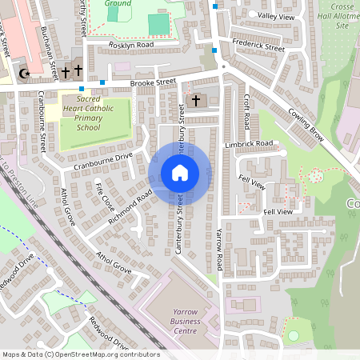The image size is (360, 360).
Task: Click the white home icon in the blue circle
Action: click(x=180, y=173)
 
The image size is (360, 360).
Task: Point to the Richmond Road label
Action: click(x=130, y=206)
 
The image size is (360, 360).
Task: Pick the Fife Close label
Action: click(x=104, y=197)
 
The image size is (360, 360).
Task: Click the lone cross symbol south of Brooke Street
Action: click(x=195, y=101)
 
